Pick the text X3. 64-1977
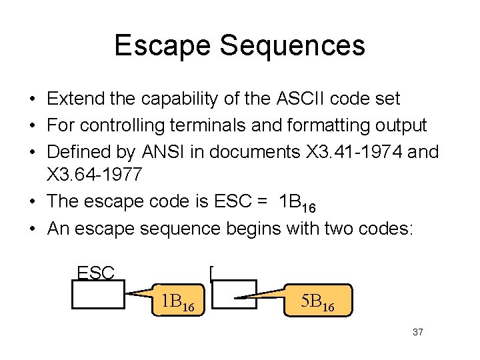point(93,177)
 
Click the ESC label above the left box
point(96,272)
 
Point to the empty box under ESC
point(99,295)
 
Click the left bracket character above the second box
point(211,273)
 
